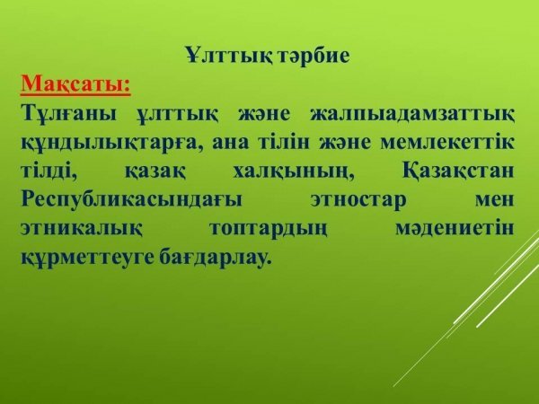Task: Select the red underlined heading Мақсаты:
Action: tap(75, 84)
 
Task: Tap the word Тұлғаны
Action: tap(69, 115)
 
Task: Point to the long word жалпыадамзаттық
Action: tap(412, 115)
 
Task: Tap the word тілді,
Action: tap(49, 171)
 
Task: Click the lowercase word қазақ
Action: tap(155, 171)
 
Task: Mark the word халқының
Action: tap(294, 171)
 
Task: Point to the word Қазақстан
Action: tap(458, 171)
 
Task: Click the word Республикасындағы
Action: tap(132, 200)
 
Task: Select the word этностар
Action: tap(358, 200)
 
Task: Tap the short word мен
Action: tap(495, 199)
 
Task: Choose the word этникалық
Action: tap(82, 228)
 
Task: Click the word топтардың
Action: tap(268, 229)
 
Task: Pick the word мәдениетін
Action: tap(454, 227)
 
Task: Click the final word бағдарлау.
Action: tap(214, 256)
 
